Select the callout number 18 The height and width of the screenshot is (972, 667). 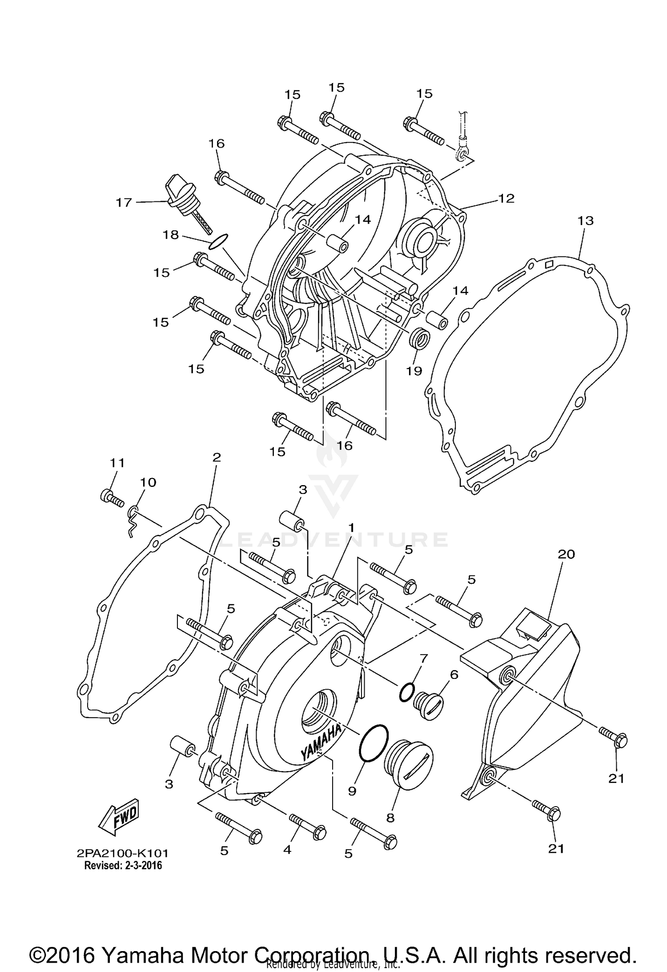coord(171,235)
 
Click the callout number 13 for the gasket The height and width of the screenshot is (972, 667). coord(586,221)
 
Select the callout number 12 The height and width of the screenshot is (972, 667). coord(506,198)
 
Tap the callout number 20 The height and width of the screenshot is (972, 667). coord(567,554)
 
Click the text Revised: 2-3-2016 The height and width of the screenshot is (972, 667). coord(123,866)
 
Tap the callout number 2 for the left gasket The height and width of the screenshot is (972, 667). coord(217,457)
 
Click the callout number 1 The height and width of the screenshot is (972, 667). coord(351,528)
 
